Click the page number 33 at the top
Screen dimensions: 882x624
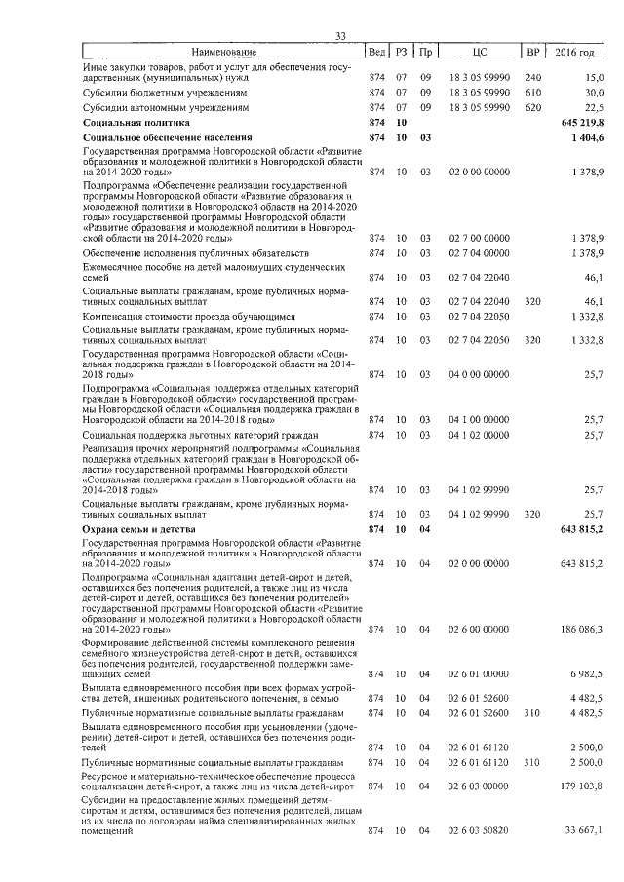click(341, 36)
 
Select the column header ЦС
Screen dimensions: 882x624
click(478, 51)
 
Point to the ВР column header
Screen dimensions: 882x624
click(532, 51)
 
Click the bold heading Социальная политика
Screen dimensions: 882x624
click(136, 124)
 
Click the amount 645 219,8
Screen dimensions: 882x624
click(583, 124)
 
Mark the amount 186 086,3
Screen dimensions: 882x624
click(583, 630)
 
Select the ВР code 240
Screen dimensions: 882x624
click(532, 76)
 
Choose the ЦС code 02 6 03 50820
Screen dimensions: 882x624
click(478, 829)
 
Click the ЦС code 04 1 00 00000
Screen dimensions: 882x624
click(478, 419)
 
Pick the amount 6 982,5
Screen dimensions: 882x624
click(588, 674)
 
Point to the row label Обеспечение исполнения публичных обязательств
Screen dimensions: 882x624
click(173, 253)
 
